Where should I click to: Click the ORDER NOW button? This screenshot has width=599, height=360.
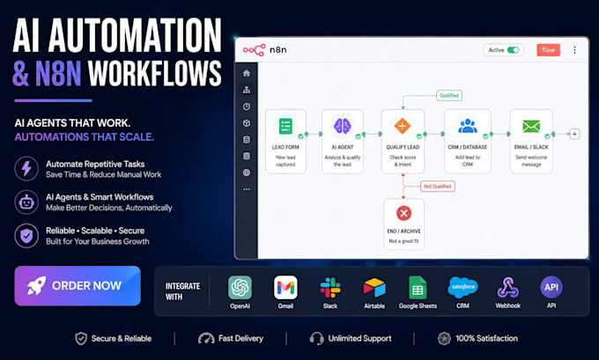[78, 285]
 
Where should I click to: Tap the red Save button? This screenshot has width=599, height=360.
[548, 50]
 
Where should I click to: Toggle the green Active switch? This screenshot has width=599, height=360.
[513, 50]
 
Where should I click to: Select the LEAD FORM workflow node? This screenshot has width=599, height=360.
[285, 142]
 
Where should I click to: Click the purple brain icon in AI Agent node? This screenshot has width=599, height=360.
[343, 126]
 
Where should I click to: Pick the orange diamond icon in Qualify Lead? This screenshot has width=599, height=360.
[403, 126]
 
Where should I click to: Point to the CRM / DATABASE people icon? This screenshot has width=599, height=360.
[468, 126]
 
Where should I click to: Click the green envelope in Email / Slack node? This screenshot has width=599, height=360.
[531, 126]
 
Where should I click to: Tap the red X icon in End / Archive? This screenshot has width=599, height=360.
[403, 213]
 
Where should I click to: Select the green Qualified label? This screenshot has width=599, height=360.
[449, 95]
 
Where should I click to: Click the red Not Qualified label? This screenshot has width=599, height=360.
[438, 187]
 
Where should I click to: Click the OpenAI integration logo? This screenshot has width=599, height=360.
[240, 288]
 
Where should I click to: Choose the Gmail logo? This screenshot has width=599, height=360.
[285, 288]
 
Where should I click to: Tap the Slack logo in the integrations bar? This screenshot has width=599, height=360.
[330, 288]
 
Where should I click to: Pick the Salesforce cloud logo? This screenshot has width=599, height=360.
[462, 287]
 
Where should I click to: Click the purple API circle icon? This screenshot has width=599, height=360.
[551, 287]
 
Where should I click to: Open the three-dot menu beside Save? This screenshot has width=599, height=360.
[574, 50]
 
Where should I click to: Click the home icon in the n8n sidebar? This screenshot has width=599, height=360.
[247, 73]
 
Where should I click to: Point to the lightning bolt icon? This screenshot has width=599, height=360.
[26, 168]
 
